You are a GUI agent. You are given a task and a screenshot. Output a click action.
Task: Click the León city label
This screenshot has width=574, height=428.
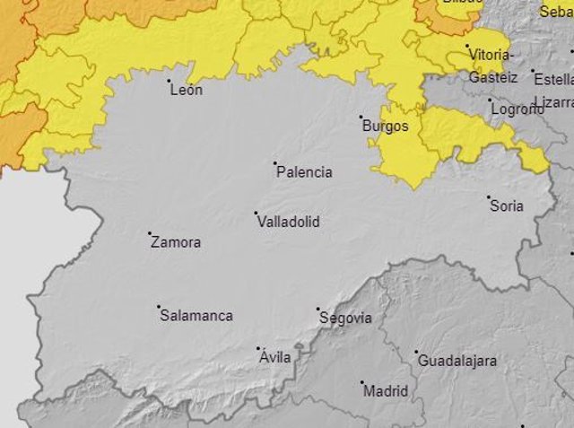pos(186,90)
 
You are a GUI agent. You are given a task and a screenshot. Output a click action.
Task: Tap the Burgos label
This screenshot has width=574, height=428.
pos(385,127)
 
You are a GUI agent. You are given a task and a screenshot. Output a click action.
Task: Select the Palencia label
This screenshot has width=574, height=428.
pos(304,172)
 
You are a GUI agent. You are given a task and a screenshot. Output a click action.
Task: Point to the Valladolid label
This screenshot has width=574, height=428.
pos(288,222)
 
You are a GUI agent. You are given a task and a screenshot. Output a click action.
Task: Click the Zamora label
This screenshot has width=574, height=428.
pos(176,242)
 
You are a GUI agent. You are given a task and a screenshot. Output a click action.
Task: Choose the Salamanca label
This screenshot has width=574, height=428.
pos(196,316)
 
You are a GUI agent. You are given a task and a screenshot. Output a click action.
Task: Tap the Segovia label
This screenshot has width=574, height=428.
pos(345,319)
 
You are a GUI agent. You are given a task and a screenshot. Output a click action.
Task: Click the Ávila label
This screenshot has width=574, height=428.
pos(275,357)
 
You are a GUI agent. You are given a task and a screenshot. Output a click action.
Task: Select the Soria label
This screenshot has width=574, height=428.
pos(507,206)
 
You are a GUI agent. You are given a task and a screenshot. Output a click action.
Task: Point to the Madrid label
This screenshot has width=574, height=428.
pos(386,391)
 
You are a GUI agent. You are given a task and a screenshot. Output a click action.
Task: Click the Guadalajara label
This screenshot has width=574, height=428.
pos(457,361)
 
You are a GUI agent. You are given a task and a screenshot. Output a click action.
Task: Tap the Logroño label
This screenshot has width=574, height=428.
pos(517,109)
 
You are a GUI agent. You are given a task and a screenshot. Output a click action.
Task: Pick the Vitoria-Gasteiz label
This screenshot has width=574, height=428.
pos(491,66)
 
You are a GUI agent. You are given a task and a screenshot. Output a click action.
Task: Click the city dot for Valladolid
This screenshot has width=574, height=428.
pos(256,214)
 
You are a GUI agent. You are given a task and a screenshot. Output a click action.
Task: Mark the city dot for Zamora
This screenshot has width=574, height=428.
pos(150,233)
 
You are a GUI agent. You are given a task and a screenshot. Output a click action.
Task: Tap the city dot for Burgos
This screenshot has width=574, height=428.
pos(361,117)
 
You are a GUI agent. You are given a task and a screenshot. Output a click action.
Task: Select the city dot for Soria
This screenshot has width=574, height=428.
pos(489,197)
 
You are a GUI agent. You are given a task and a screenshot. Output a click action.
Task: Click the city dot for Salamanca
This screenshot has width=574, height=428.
pos(159,307)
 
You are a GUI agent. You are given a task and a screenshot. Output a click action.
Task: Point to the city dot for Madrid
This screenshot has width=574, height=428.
pos(362,383)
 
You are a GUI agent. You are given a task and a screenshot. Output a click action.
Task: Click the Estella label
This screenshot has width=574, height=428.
pos(552,77)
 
